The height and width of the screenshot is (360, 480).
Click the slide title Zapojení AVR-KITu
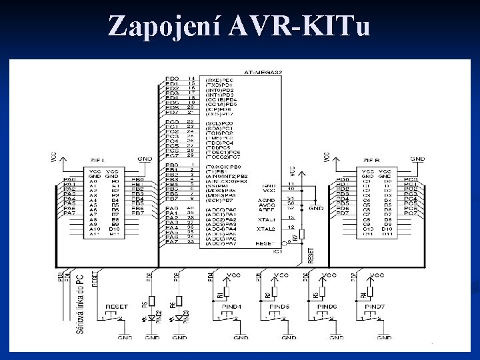239,26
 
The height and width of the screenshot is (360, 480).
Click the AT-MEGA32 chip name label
261,71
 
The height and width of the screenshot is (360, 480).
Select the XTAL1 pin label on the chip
266,219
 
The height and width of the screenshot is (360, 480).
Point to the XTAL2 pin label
266,228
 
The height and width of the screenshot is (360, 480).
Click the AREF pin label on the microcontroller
267,209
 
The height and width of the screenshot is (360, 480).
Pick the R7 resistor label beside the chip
295,237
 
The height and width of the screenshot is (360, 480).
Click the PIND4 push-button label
232,306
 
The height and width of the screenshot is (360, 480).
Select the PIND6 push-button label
328,306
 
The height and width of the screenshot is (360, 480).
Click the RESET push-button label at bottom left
117,306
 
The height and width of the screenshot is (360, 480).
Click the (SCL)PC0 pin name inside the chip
220,123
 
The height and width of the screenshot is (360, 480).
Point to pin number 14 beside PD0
191,79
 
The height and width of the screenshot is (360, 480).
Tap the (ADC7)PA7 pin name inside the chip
221,243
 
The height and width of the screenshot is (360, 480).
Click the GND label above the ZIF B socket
418,159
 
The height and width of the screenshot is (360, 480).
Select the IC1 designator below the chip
277,251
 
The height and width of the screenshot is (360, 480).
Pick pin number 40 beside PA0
191,209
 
